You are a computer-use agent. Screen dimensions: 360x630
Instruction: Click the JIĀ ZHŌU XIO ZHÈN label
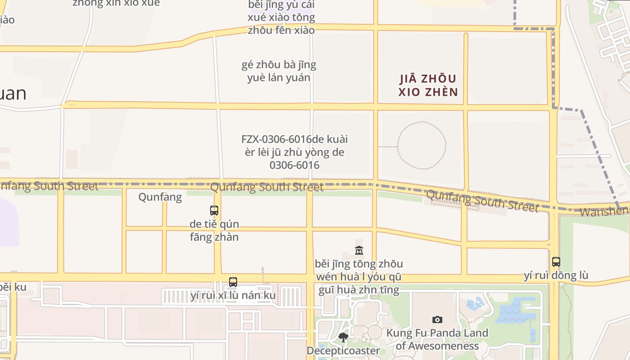click(428, 85)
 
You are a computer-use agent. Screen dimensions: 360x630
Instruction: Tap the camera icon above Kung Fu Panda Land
click(437, 319)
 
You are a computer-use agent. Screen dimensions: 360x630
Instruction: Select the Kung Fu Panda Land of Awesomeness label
click(437, 340)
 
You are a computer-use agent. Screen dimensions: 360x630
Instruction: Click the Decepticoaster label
click(343, 351)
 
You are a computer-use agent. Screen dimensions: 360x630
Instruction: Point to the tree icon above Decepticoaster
click(343, 337)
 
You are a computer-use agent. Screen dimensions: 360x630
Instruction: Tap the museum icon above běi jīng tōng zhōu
click(359, 250)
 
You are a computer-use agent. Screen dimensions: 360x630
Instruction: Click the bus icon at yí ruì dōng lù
click(556, 261)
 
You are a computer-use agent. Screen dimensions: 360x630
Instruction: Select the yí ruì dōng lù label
click(556, 275)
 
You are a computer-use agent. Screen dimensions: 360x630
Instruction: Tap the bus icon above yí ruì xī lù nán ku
click(233, 282)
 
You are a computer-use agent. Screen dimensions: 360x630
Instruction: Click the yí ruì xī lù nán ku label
click(233, 296)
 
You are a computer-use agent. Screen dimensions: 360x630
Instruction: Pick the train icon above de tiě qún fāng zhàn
click(214, 210)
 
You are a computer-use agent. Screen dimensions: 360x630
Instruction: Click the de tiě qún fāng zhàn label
click(214, 230)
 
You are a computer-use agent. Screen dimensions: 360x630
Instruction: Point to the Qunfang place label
click(160, 197)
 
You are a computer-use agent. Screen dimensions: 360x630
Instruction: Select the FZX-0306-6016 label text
click(295, 152)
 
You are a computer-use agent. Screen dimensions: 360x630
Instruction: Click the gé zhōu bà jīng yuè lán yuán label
click(279, 71)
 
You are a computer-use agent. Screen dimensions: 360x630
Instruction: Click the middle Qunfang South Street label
click(267, 187)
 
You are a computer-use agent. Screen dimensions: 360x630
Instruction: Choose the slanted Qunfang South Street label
click(482, 201)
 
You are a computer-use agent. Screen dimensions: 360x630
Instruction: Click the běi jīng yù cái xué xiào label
click(281, 18)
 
